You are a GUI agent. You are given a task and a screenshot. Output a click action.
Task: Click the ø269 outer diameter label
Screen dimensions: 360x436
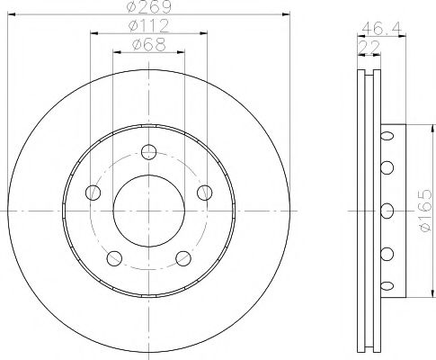(148, 7)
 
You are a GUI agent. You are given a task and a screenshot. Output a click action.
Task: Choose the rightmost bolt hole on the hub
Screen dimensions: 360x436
(204, 191)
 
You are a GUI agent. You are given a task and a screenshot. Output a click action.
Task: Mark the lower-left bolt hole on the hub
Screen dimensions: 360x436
(114, 259)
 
